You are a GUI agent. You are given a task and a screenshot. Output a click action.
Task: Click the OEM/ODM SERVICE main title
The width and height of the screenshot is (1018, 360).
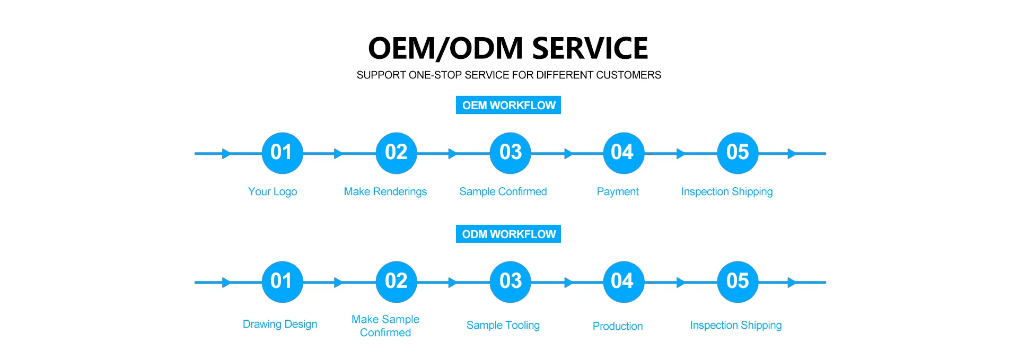click(508, 48)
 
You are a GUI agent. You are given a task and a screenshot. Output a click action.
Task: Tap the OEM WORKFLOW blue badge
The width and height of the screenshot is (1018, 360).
click(508, 105)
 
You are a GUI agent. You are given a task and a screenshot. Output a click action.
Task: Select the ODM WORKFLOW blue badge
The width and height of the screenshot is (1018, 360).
click(508, 234)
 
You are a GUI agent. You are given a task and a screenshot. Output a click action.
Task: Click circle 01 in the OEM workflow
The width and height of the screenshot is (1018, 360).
click(282, 153)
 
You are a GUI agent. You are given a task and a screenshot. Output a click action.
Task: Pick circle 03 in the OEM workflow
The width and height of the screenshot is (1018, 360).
click(511, 153)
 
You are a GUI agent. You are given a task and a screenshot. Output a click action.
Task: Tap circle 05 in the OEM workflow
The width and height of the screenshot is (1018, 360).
click(738, 153)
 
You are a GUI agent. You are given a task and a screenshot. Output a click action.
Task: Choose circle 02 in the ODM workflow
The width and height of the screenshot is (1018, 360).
click(396, 282)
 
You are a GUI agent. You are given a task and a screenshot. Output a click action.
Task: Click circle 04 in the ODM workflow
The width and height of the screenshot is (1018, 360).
click(623, 282)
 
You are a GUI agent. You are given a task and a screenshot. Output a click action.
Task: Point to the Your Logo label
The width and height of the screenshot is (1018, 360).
click(273, 191)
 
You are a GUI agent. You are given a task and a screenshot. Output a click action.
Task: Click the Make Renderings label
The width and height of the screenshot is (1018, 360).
click(385, 191)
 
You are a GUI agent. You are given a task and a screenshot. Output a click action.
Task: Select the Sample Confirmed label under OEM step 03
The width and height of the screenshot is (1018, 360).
click(503, 191)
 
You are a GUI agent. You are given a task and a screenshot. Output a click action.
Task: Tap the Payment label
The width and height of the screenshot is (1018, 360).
click(618, 191)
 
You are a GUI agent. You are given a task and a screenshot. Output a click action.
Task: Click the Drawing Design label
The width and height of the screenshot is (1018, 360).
click(280, 324)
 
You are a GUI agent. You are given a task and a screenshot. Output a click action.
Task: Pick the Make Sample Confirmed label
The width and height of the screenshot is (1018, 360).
click(385, 326)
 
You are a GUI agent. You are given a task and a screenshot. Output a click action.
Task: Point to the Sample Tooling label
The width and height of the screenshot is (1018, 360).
click(503, 325)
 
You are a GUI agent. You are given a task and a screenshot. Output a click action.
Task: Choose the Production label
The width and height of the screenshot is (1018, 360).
click(618, 326)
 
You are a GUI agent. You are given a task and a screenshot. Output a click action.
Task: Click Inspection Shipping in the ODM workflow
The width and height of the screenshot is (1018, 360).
click(735, 325)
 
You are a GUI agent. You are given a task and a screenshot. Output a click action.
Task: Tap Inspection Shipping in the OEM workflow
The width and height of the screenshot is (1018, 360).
click(726, 191)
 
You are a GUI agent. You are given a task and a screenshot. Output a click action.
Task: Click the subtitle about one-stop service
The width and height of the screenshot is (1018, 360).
click(508, 75)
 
